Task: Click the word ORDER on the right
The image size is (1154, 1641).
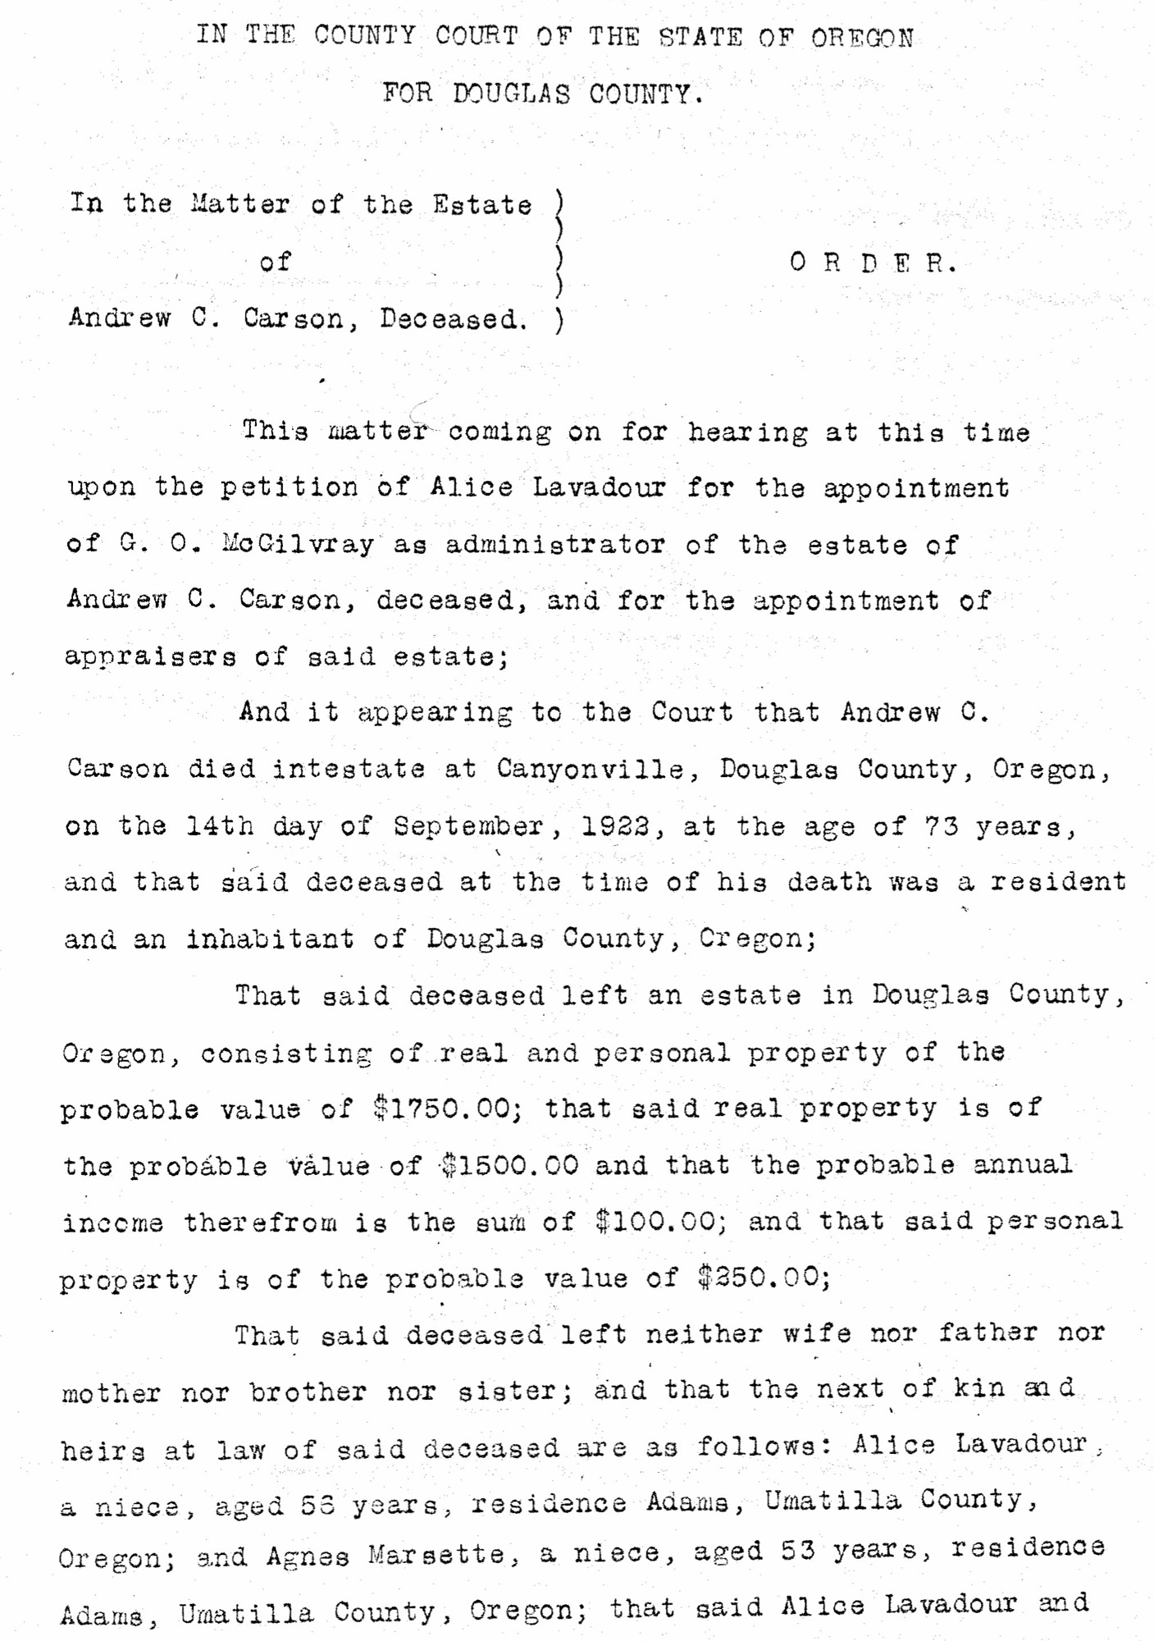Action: [873, 263]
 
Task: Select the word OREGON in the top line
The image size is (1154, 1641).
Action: [862, 38]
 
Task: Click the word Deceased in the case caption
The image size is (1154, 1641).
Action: [452, 318]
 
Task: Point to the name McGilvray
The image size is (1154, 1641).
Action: [297, 544]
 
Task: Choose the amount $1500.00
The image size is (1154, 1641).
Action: [509, 1165]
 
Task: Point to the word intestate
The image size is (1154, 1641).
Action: [349, 769]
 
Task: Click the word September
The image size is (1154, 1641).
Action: [468, 826]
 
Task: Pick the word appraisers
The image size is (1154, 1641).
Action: [151, 656]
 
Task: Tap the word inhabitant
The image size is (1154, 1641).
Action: [270, 939]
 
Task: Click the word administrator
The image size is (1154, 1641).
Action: [555, 544]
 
